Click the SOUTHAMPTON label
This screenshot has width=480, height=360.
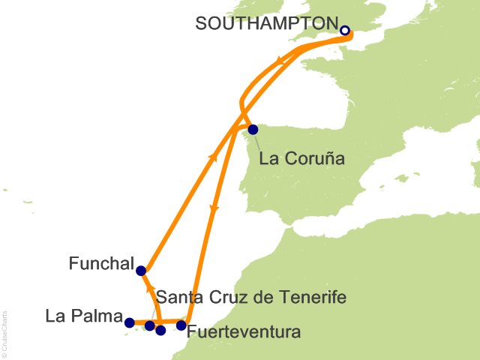pyautogui.click(x=265, y=23)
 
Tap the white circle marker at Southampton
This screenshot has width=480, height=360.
pyautogui.click(x=345, y=31)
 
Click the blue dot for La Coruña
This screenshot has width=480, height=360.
pyautogui.click(x=253, y=129)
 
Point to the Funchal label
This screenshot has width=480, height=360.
pyautogui.click(x=100, y=264)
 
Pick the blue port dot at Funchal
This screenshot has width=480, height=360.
pyautogui.click(x=141, y=271)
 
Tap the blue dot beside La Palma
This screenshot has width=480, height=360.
pyautogui.click(x=129, y=323)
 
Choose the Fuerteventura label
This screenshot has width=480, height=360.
pyautogui.click(x=244, y=331)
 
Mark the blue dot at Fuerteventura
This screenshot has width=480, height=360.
pyautogui.click(x=181, y=325)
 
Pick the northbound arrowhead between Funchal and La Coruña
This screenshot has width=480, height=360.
pyautogui.click(x=214, y=157)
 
